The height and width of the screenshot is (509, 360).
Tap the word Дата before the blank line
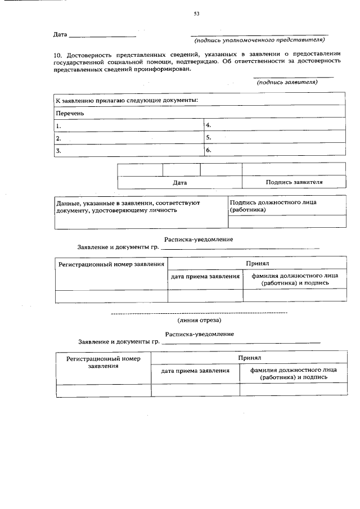[60, 35]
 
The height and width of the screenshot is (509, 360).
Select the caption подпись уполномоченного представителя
[259, 41]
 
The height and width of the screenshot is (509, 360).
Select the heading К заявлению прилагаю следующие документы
[127, 100]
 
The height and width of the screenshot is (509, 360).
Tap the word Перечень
[70, 113]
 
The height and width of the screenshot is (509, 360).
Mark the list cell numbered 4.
[274, 125]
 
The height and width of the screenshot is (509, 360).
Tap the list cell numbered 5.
[274, 137]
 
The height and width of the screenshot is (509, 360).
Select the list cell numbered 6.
[274, 150]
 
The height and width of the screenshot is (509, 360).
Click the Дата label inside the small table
[180, 183]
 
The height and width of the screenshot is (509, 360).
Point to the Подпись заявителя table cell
[294, 182]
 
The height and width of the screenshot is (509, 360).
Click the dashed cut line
[199, 312]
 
